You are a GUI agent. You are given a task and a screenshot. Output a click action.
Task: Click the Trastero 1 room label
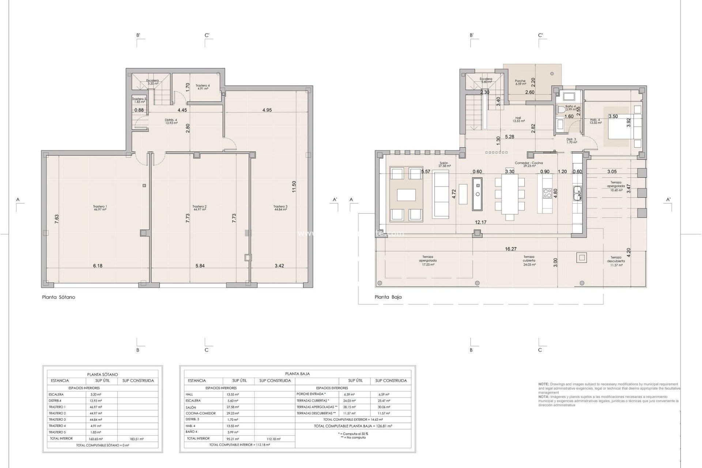(x=100, y=208)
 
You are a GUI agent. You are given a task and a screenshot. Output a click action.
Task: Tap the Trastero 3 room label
(x=280, y=208)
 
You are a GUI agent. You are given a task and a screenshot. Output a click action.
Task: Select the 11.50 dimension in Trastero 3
(x=294, y=186)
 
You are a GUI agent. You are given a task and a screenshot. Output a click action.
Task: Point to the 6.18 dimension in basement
(x=98, y=266)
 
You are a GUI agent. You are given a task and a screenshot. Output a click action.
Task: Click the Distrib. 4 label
(x=171, y=121)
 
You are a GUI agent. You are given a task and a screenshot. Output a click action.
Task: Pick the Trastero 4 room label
(x=202, y=87)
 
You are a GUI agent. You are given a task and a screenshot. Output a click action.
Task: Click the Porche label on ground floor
(x=520, y=82)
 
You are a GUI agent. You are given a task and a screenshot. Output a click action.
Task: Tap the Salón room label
(x=444, y=165)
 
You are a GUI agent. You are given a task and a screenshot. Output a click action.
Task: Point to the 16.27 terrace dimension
(x=510, y=249)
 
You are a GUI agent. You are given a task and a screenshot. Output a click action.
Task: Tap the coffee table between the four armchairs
(x=406, y=195)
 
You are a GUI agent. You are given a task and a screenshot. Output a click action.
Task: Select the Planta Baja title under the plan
(x=388, y=297)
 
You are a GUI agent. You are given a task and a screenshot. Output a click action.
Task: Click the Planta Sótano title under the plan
(x=58, y=297)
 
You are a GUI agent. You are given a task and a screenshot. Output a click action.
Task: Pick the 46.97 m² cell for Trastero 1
(x=96, y=407)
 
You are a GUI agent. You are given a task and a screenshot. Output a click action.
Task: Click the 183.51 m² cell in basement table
(x=137, y=439)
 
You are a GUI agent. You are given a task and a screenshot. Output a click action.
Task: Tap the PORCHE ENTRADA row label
(x=311, y=394)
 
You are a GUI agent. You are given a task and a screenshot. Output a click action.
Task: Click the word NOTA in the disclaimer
(x=543, y=397)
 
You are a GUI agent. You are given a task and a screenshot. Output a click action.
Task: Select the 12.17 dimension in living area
(x=480, y=222)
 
